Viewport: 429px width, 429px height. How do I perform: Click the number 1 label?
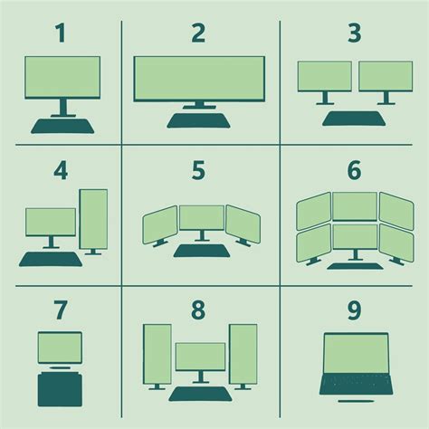tap(61, 34)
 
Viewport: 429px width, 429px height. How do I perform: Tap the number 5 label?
tap(201, 170)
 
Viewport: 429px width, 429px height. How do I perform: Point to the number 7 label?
tap(60, 310)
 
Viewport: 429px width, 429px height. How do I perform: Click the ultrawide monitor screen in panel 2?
tap(200, 79)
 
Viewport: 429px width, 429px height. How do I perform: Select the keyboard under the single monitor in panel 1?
tap(62, 125)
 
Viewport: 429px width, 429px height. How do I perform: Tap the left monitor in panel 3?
tap(324, 76)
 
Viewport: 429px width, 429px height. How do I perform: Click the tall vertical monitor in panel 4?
tap(93, 218)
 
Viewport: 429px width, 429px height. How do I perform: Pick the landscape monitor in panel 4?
tap(51, 222)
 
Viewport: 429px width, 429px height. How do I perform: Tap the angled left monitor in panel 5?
tap(159, 224)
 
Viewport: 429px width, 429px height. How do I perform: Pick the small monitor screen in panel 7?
tap(60, 347)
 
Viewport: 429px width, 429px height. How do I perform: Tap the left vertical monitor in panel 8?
tap(157, 354)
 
